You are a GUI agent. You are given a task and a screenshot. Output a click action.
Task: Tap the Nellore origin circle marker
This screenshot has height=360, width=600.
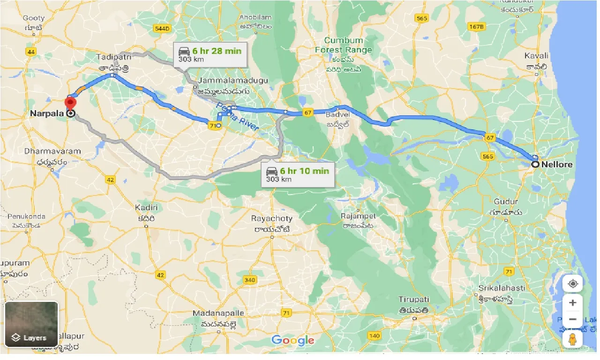click(535, 164)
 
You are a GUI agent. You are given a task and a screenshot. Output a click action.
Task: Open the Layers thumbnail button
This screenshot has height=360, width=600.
click(31, 324)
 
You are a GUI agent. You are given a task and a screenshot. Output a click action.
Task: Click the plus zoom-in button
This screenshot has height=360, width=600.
click(572, 303)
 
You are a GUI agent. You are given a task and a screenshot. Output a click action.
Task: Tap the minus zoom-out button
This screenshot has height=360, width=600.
click(572, 320)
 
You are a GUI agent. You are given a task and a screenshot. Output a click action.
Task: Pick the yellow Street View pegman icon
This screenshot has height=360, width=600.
click(572, 340)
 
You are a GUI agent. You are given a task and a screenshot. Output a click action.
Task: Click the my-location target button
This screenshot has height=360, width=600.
click(572, 284)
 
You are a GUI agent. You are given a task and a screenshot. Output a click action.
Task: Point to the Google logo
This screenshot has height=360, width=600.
click(292, 340)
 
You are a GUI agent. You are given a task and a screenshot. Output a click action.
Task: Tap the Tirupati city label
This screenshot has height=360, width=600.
click(413, 300)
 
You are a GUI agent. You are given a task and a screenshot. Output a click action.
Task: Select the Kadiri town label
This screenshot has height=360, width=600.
click(146, 207)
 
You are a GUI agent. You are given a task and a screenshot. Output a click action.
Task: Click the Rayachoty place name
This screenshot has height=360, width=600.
click(271, 218)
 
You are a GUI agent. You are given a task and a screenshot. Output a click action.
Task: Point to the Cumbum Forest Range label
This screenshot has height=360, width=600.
click(344, 45)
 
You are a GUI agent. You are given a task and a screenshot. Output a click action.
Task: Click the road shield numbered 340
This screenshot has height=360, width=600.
click(250, 280)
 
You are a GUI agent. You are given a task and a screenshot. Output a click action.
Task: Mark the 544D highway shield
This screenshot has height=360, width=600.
click(161, 29)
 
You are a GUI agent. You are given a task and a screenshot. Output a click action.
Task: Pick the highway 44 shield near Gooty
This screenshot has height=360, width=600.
click(31, 52)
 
